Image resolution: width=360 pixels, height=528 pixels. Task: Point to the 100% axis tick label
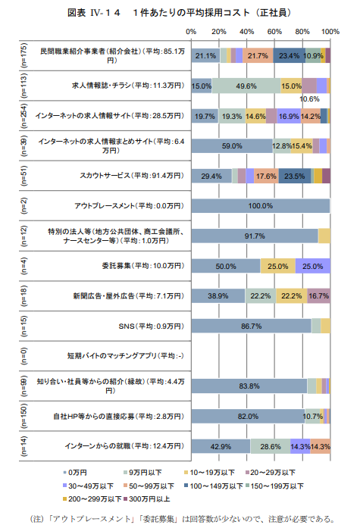[330, 32]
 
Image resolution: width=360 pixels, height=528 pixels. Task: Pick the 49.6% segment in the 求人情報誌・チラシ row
[246, 86]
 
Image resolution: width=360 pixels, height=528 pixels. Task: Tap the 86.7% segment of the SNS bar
[252, 326]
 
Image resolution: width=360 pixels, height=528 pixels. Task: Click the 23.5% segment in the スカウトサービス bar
[294, 176]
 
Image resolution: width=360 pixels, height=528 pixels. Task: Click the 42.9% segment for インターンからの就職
[221, 445]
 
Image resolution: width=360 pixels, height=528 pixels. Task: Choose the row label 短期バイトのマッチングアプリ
[131, 355]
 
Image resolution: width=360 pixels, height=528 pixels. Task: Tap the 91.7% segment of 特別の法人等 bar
[255, 236]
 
